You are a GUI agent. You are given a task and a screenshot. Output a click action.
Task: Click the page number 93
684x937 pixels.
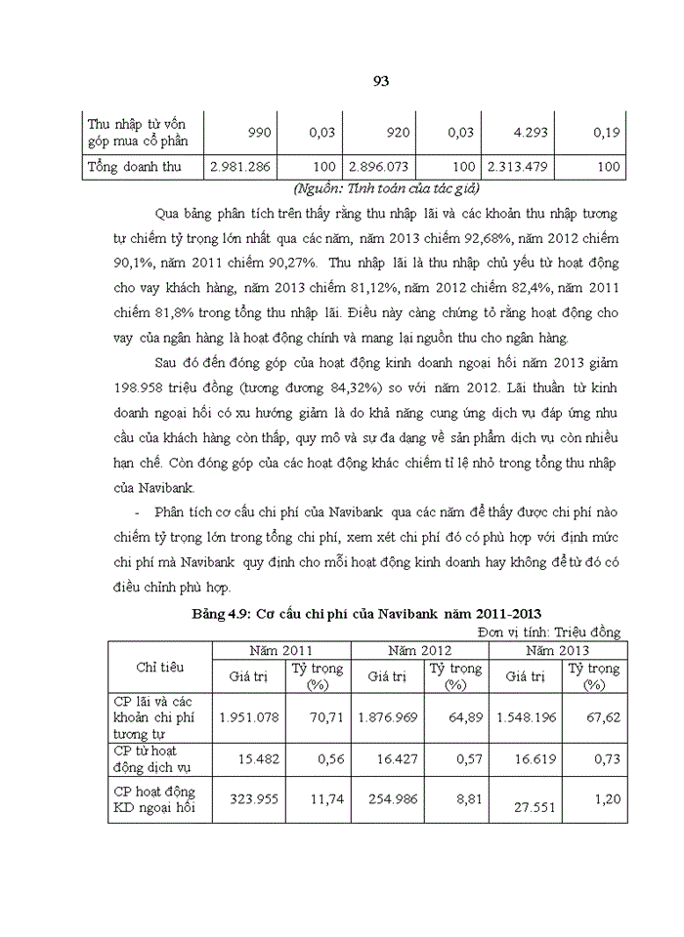tap(381, 82)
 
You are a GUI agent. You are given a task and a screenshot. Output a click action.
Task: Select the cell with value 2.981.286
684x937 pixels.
tap(238, 167)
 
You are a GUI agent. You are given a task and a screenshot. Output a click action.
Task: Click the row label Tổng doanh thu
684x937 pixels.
tap(135, 167)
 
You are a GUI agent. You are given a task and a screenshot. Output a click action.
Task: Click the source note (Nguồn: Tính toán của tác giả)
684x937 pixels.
tap(386, 188)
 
